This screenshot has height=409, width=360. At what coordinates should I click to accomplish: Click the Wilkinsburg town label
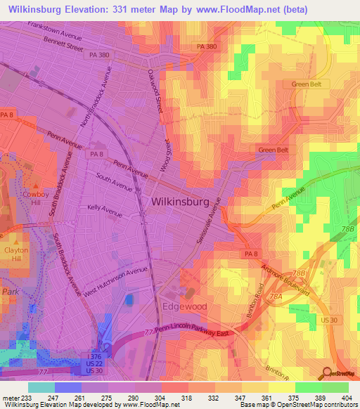[x=180, y=202]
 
